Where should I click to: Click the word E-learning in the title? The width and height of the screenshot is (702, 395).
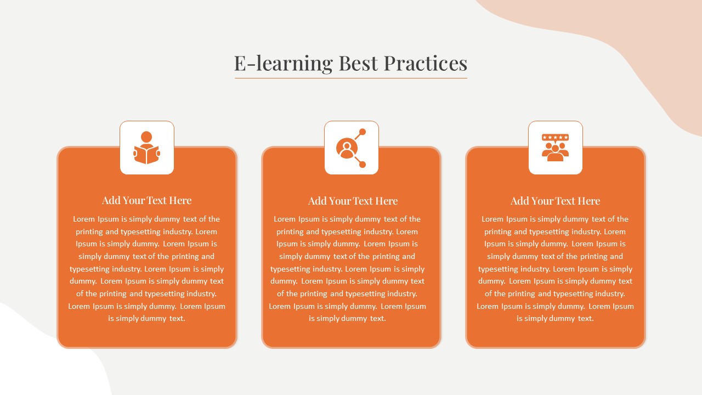coord(284,64)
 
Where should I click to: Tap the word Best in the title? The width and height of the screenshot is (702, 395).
coord(358,63)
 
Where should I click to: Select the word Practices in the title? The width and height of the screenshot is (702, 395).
coord(426,63)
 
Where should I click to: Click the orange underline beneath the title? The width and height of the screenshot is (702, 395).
coord(351,78)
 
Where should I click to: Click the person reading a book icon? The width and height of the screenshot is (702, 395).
coord(146,148)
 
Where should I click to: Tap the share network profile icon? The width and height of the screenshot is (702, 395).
coord(351,148)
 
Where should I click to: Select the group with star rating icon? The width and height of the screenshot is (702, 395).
coord(555,148)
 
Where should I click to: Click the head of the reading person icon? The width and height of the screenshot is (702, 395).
coord(146,137)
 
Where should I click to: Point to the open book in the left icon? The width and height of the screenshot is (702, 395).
coord(146,155)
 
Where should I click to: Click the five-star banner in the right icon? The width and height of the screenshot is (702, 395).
coord(555,138)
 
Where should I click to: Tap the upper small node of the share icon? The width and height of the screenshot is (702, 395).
coord(363,132)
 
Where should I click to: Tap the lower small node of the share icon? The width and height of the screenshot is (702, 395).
coord(363,164)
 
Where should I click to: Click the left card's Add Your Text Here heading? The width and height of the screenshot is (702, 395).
coord(146,200)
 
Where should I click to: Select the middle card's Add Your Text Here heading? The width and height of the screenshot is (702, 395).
coord(353,201)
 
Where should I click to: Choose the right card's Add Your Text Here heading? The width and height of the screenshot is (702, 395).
coord(556,201)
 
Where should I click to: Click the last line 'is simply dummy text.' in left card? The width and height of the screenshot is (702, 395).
coord(146,319)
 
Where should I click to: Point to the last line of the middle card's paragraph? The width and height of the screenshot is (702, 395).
coord(347,319)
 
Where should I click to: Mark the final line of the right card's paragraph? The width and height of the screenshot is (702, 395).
coord(556,319)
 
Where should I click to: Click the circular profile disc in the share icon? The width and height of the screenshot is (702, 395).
coord(347,148)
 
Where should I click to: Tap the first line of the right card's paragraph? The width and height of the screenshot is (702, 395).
coord(555,219)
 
